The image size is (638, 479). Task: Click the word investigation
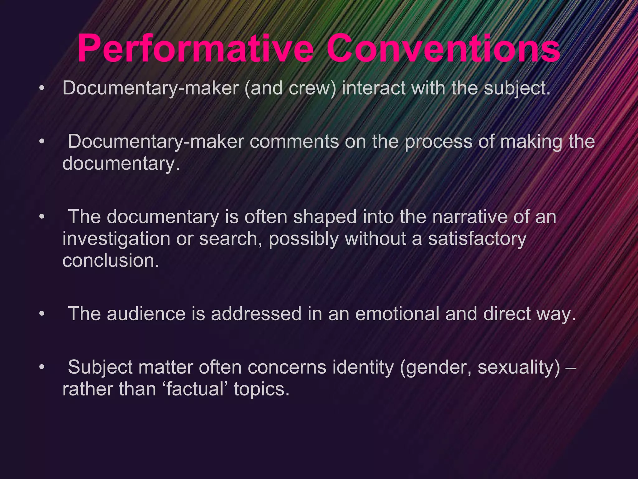click(116, 239)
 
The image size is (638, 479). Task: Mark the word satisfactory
click(477, 239)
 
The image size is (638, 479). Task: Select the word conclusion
click(111, 260)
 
